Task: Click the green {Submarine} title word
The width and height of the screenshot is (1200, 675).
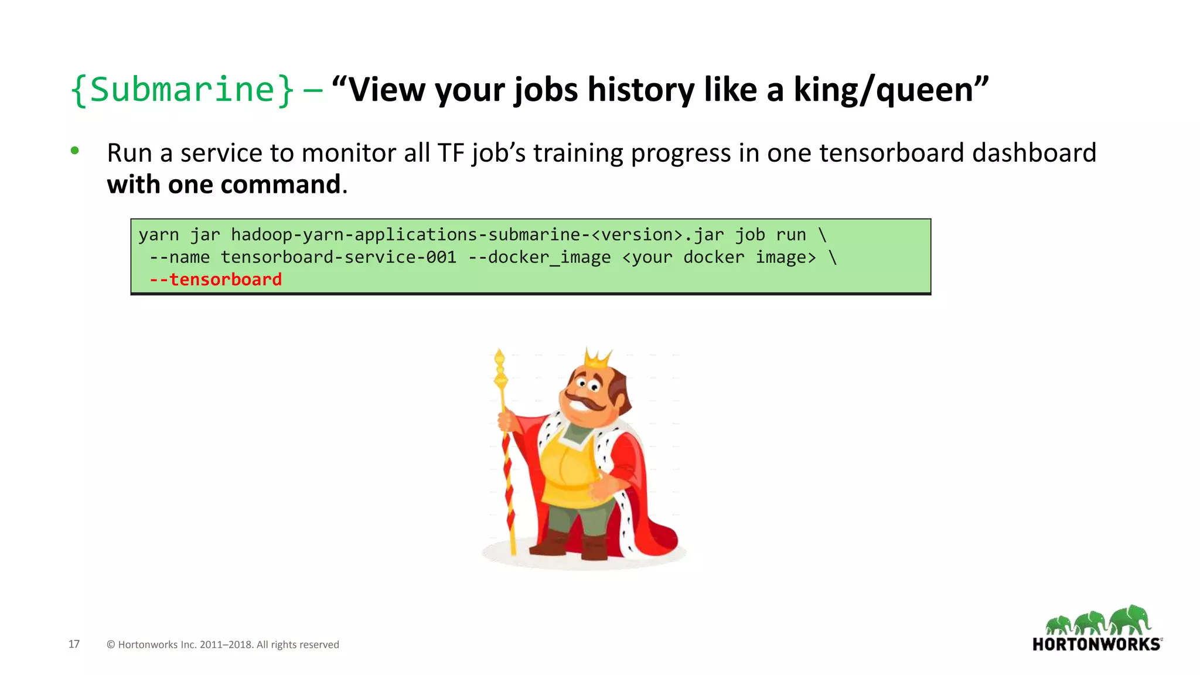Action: coord(182,90)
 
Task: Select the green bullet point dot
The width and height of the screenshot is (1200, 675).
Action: coord(74,151)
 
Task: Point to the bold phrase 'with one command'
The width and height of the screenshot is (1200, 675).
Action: coord(224,185)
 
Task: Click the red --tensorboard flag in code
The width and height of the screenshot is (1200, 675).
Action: coord(216,279)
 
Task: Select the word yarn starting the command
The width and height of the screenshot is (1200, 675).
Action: coord(158,235)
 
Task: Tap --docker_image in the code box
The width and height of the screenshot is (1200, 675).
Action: coord(539,257)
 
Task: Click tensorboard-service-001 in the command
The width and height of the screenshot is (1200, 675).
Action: coord(338,257)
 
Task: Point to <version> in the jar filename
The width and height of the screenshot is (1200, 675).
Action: coord(637,235)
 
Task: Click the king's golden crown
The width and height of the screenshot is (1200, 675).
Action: coord(598,358)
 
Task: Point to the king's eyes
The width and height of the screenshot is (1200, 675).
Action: coord(588,384)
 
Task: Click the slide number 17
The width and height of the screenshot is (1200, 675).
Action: coord(74,644)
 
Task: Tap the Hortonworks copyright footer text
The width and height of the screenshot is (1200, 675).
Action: coord(223,645)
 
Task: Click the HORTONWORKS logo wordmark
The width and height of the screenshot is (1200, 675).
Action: coord(1096,645)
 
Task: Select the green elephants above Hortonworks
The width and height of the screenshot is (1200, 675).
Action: coord(1098,621)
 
